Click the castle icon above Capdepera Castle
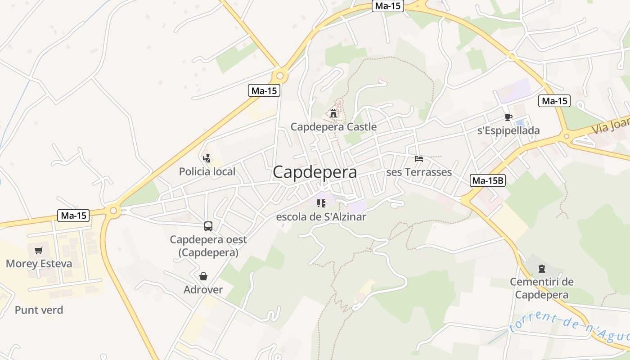coord(333,113)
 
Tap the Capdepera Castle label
coord(333,127)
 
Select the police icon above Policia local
coord(207,158)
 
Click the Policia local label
coord(207,171)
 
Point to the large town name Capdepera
coord(315,172)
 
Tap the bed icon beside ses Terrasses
coord(419,159)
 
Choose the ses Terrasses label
coord(419,172)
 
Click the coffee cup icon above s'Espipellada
coord(508,117)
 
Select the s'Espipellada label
coord(508,131)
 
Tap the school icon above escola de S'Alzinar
coord(321,203)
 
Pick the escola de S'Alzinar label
coord(321,217)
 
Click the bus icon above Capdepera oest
coord(208,226)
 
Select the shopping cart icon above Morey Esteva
coord(39,250)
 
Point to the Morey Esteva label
coord(39,264)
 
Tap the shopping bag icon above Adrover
coord(203,276)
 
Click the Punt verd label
coord(39,310)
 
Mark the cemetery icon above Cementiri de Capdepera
coord(541,269)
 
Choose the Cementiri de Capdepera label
coord(541,288)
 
